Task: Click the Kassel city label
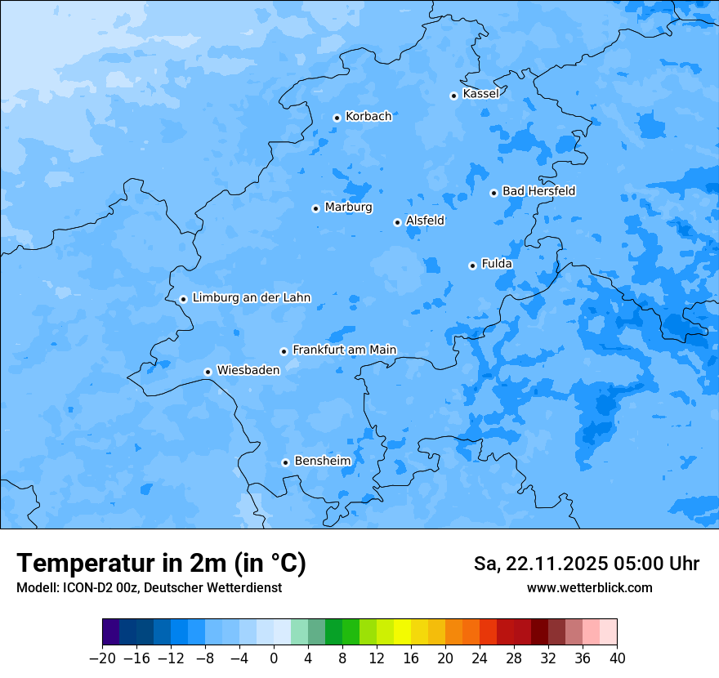tap(480, 94)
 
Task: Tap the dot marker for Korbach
tap(337, 118)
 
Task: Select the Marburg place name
tap(348, 207)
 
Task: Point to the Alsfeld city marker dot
tap(397, 222)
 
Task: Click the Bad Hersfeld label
tap(538, 191)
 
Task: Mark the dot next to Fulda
tap(472, 265)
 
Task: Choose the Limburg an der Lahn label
tap(251, 298)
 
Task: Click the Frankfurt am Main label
tap(344, 350)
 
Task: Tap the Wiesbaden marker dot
tap(208, 372)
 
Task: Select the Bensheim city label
tap(322, 461)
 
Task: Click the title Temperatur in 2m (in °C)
tap(161, 563)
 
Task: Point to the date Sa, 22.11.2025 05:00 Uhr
tap(586, 564)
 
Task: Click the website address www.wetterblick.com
tap(589, 587)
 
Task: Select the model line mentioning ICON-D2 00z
tap(149, 587)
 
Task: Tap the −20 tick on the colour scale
tap(102, 658)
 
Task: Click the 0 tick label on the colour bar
tap(274, 658)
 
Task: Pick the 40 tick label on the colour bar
tap(617, 658)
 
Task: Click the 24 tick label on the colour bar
tap(480, 658)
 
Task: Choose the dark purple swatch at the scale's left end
tap(111, 632)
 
